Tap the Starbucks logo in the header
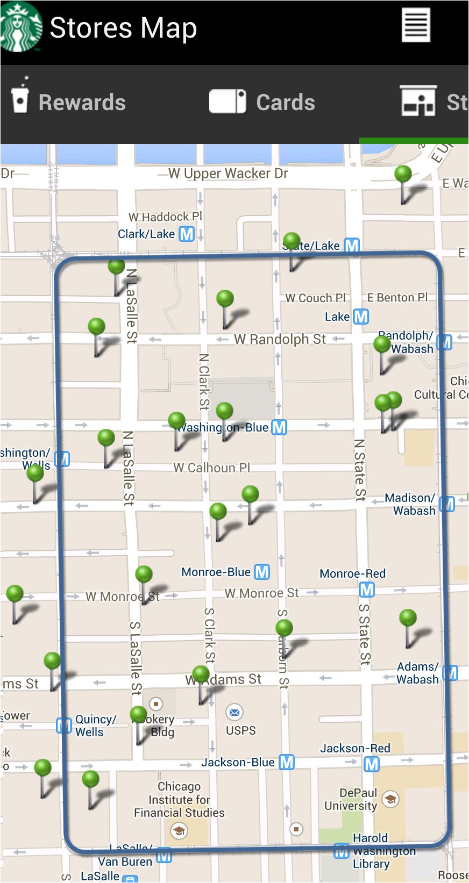pos(21,27)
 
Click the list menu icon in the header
pos(416,25)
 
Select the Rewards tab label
pos(82,103)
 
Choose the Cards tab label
pos(286,103)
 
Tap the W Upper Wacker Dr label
pos(228,174)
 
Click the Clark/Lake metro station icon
pos(187,234)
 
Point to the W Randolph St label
pos(280,339)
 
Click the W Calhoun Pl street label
pos(211,468)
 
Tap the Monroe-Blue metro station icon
pos(262,572)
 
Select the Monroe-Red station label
pos(352,573)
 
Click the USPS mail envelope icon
pos(234,713)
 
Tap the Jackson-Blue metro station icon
pos(287,762)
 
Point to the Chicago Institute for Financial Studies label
pos(179,800)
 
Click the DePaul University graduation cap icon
pos(391,799)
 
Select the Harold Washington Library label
pos(376,851)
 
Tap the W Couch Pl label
pos(315,298)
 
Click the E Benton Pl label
pos(397,297)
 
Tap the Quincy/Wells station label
pos(95,726)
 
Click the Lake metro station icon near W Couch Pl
pos(361,317)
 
